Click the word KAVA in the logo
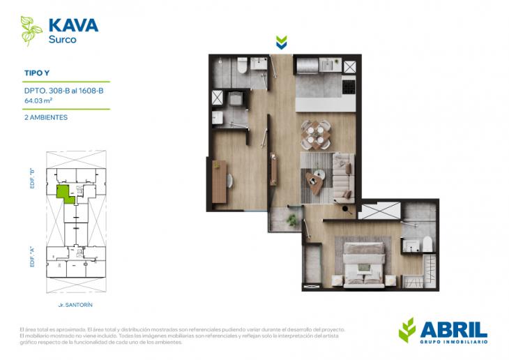73,26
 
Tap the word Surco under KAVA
62,40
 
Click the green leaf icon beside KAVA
31,31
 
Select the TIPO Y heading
38,72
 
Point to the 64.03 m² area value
39,100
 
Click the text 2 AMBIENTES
46,117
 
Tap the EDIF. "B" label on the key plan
33,180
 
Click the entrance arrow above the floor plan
281,43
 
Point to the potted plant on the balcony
292,220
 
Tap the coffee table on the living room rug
316,186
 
